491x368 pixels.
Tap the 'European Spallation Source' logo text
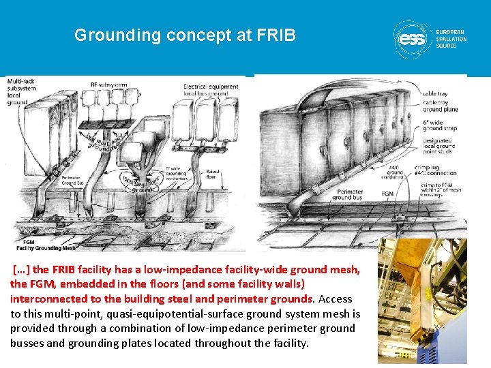pos(451,39)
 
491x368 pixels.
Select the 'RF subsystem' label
pos(108,85)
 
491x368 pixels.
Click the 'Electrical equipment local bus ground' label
pos(211,90)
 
